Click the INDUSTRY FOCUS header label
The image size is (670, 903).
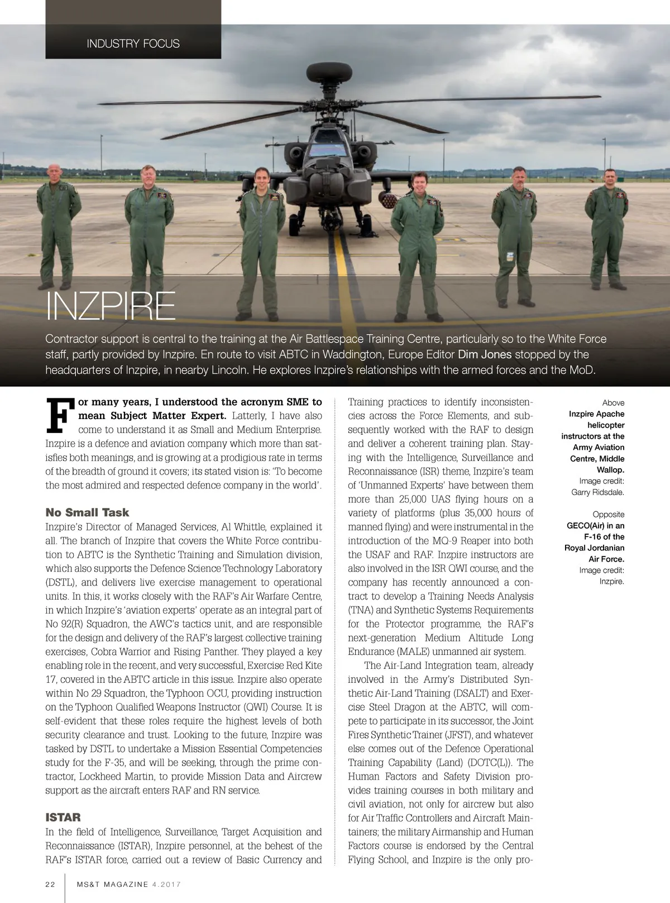pyautogui.click(x=133, y=44)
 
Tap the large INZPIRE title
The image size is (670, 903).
pyautogui.click(x=110, y=306)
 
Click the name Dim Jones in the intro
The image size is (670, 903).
pyautogui.click(x=484, y=354)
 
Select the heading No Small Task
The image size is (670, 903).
pyautogui.click(x=87, y=512)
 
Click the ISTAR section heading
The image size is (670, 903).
pyautogui.click(x=63, y=818)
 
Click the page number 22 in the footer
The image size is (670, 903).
pyautogui.click(x=50, y=884)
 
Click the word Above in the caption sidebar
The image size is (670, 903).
pyautogui.click(x=613, y=403)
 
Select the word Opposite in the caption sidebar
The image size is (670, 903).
pyautogui.click(x=608, y=514)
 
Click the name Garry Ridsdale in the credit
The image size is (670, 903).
pyautogui.click(x=597, y=492)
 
